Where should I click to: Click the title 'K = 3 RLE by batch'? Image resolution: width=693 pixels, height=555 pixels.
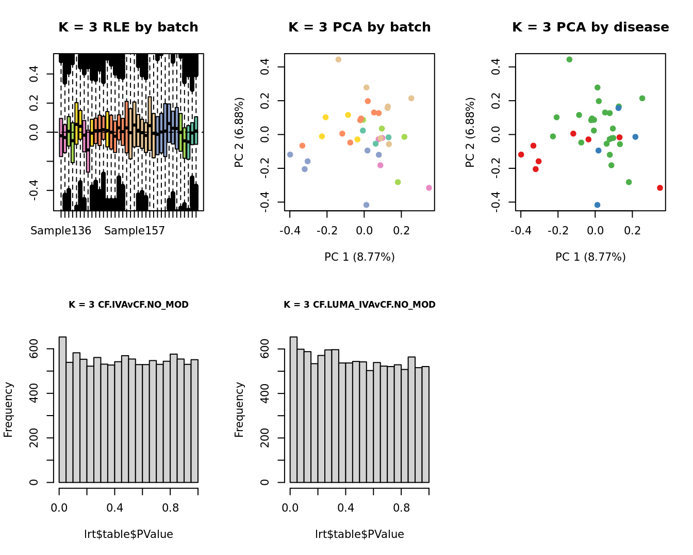coord(128,27)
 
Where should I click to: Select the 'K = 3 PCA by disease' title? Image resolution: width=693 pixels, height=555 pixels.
coord(590,27)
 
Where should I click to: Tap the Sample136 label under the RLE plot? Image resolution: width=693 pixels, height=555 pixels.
coord(61,231)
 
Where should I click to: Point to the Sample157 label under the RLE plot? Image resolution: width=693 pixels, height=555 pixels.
coord(135,231)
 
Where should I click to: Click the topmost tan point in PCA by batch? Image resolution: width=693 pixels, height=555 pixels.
coord(338,60)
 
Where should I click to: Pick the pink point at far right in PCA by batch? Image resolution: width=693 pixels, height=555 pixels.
coord(429,188)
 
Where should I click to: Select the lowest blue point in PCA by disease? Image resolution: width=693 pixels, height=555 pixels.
coord(597,205)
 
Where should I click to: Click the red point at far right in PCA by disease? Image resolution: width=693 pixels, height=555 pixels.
coord(660,188)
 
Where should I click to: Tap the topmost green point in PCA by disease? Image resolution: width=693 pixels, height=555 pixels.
coord(569,60)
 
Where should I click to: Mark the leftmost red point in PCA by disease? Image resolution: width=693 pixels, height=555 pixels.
coord(521,154)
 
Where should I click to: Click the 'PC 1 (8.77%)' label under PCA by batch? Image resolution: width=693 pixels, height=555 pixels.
coord(359,257)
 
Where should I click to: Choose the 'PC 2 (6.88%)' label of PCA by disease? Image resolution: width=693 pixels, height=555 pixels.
coord(470,132)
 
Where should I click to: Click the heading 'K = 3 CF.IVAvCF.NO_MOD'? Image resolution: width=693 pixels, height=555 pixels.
coord(128,305)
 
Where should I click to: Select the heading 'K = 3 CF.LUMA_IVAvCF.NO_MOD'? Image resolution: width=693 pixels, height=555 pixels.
coord(359,305)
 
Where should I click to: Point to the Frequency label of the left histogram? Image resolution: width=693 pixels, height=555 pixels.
coord(8,409)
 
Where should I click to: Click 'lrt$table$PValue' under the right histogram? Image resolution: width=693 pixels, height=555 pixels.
coord(359,534)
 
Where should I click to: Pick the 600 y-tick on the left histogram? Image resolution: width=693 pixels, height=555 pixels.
coord(34,350)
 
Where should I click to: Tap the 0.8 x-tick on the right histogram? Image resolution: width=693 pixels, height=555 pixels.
coord(401,508)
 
